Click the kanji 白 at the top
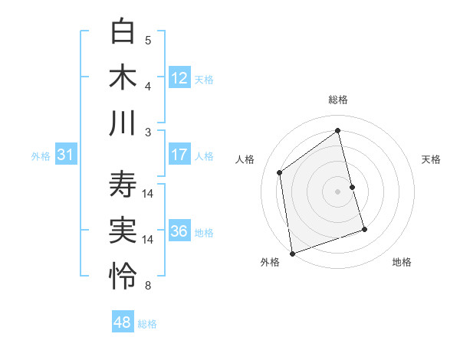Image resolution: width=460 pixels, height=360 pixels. (x=123, y=32)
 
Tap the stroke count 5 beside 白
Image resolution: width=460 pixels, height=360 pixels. (x=148, y=40)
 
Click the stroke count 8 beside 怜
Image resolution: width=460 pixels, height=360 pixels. (x=148, y=286)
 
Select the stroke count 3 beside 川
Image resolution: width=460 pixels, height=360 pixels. (x=148, y=132)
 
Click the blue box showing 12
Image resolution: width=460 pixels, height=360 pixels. (x=179, y=77)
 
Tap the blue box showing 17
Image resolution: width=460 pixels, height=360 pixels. (x=179, y=155)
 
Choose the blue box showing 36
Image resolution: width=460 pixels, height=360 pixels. (x=179, y=231)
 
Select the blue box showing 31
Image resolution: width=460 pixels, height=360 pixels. (x=66, y=155)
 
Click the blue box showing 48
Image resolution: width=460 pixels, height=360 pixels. (x=123, y=322)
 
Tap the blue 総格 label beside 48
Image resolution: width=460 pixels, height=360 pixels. (x=147, y=323)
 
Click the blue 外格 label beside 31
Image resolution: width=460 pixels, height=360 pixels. (x=41, y=155)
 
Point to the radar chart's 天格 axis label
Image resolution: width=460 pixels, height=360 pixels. (x=431, y=159)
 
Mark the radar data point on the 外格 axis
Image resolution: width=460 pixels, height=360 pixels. (x=292, y=253)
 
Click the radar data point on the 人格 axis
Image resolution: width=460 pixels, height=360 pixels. (x=280, y=172)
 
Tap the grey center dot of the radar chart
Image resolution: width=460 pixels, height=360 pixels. (x=337, y=191)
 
